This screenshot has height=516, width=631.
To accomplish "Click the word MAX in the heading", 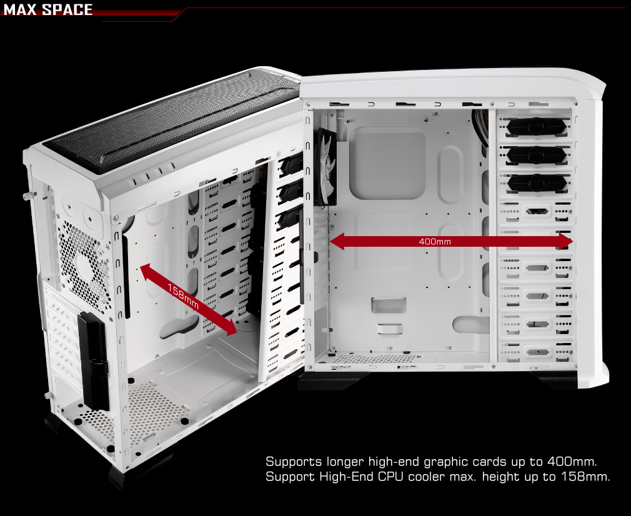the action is (x=20, y=9).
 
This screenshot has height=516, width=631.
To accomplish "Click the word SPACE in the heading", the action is (x=67, y=9).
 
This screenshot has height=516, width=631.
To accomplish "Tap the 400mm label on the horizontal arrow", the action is (x=435, y=242).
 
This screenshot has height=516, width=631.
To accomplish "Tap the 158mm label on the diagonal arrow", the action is (x=183, y=297).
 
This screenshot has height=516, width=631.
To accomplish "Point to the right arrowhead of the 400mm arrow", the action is (x=566, y=242).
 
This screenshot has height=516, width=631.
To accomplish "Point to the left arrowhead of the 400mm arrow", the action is (x=337, y=242).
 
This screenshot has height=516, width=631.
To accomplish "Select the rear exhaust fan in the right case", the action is (x=324, y=167).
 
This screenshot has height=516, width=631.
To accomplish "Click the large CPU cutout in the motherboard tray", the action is (x=387, y=162).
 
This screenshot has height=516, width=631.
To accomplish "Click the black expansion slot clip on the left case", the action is (x=94, y=361).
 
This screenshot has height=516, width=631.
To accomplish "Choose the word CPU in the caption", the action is (x=390, y=477).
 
